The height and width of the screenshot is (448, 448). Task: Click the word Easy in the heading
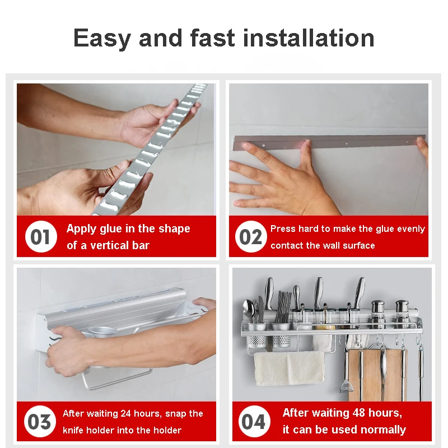click(x=102, y=38)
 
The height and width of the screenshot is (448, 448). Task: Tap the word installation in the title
click(x=309, y=38)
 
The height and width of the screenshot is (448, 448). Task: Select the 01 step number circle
click(x=41, y=236)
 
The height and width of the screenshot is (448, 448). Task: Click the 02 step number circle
click(x=250, y=236)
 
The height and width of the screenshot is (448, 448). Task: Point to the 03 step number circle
click(x=39, y=421)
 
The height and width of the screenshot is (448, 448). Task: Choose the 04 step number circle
click(x=254, y=421)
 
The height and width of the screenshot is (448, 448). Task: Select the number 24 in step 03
click(x=125, y=413)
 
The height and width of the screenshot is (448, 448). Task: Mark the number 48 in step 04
click(x=358, y=413)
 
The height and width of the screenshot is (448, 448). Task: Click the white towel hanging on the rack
click(x=289, y=368)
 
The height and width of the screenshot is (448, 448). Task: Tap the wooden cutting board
click(x=376, y=374)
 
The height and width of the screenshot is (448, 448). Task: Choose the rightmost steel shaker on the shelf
click(x=402, y=314)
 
